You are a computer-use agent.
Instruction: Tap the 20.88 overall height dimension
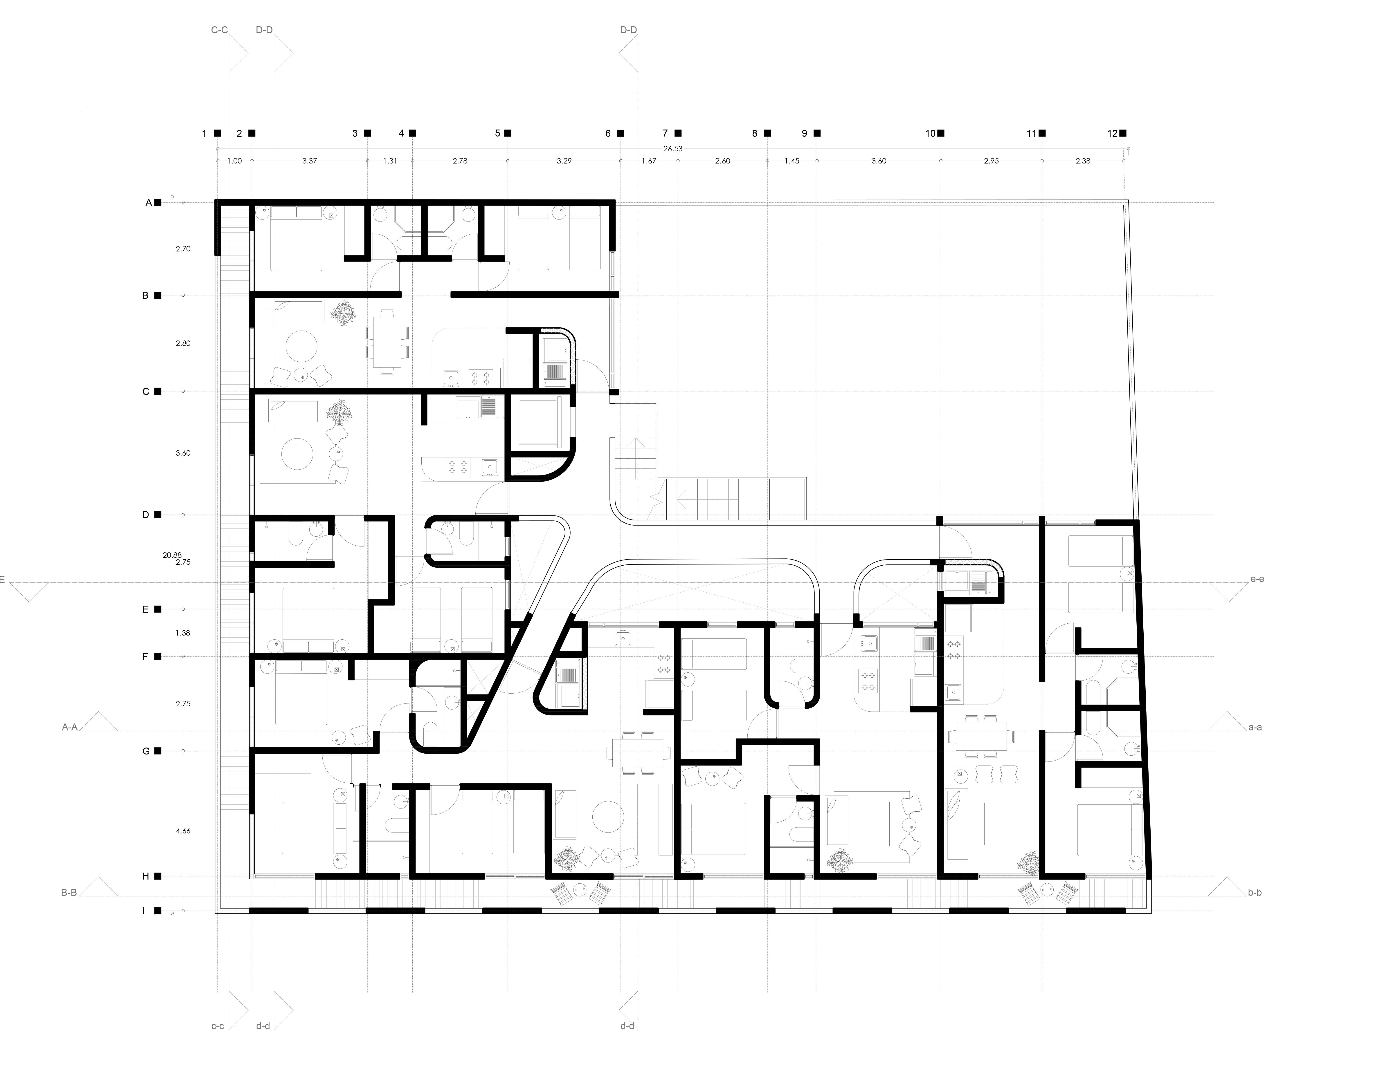click(x=172, y=555)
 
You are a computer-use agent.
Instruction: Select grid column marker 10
click(x=934, y=133)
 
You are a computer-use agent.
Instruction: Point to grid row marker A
click(x=153, y=203)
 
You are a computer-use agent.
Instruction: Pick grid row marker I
click(x=148, y=911)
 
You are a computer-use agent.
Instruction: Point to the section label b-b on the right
click(x=1254, y=893)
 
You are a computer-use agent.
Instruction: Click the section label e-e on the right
click(x=1257, y=579)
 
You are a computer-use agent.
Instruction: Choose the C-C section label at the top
click(x=219, y=30)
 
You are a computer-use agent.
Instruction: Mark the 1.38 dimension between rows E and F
click(x=183, y=633)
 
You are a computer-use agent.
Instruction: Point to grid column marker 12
click(x=1117, y=133)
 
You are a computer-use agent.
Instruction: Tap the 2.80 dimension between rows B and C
click(x=183, y=343)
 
